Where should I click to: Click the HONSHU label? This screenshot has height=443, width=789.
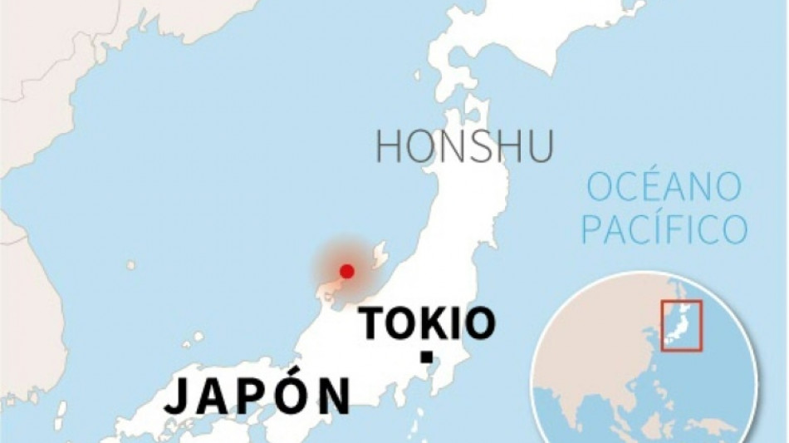[463, 147]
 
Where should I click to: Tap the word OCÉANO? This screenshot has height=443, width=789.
[663, 189]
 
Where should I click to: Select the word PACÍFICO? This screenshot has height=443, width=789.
[674, 228]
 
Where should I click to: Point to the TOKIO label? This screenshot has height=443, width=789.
[427, 323]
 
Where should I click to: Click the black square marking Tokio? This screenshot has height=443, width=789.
[426, 357]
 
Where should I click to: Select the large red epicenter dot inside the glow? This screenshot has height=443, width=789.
[347, 271]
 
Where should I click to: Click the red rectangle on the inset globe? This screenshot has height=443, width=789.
[682, 325]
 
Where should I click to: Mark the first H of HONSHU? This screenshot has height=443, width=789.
[389, 147]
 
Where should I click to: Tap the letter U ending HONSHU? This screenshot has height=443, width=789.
[539, 147]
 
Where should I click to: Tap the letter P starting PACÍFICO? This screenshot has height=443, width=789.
[616, 228]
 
